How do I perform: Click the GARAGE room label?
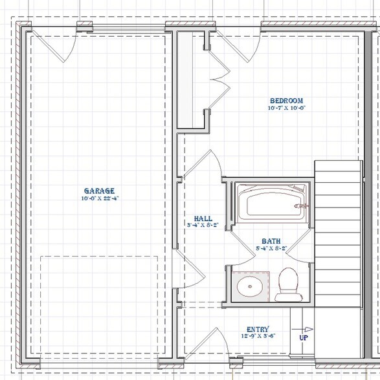tap(99, 191)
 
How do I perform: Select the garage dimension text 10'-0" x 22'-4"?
tap(99, 198)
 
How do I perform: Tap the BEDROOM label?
tap(286, 101)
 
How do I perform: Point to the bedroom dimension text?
tap(286, 109)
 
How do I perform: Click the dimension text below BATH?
tap(271, 247)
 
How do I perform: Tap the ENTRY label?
tap(258, 329)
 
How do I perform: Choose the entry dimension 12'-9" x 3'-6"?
tap(258, 337)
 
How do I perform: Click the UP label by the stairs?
tap(302, 337)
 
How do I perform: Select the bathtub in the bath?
tap(270, 202)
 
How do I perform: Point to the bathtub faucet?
tap(300, 206)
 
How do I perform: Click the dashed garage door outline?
tap(99, 304)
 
